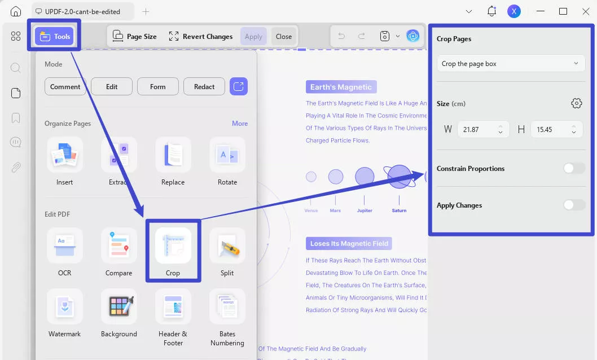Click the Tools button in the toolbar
(x=55, y=37)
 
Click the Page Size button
(x=135, y=37)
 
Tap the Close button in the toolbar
(x=284, y=37)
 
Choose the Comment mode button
(x=65, y=86)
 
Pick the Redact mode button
(x=204, y=86)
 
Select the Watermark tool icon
(x=65, y=307)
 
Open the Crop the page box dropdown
(x=511, y=64)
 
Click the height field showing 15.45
(x=551, y=130)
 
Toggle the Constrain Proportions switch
(x=574, y=168)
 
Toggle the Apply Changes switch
(x=574, y=205)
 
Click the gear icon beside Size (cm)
(x=576, y=103)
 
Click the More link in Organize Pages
(x=240, y=124)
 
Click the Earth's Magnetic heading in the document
(x=341, y=87)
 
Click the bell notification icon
(x=491, y=11)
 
